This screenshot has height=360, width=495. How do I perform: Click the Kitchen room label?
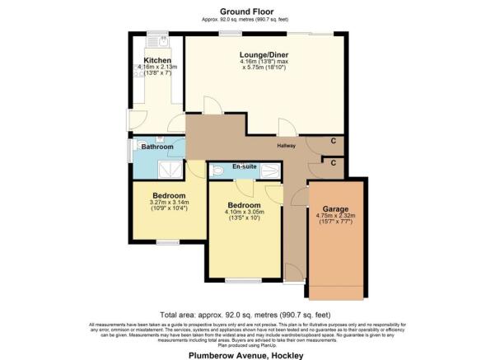156,61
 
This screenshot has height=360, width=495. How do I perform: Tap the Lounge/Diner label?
264,54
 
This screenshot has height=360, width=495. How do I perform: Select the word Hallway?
285,146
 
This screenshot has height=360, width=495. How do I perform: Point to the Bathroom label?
156,147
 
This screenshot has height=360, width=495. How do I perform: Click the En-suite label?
245,167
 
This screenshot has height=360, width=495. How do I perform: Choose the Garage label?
334,209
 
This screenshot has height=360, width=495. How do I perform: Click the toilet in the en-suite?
217,171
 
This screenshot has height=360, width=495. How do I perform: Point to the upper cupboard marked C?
333,142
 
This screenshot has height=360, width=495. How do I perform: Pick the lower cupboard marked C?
333,163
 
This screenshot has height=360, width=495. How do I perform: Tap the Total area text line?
247,315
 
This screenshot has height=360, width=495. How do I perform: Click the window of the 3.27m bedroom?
168,241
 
